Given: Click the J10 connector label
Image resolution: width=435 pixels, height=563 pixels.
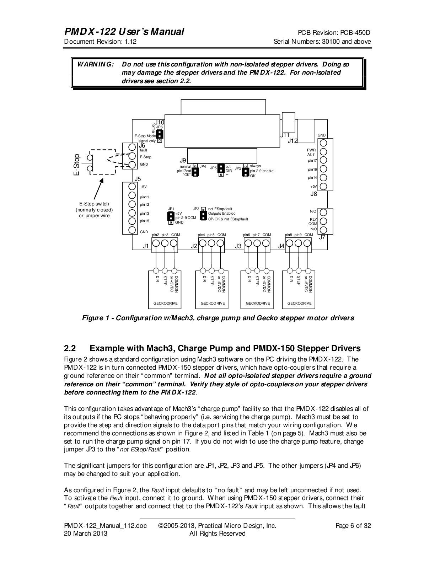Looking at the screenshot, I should [159, 122].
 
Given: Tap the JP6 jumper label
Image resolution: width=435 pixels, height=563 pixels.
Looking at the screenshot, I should [160, 127].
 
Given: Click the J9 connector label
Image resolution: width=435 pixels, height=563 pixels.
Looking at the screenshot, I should [183, 160].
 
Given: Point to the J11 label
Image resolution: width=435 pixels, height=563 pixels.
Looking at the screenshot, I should [285, 135].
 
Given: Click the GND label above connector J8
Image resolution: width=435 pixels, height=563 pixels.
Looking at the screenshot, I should [321, 135].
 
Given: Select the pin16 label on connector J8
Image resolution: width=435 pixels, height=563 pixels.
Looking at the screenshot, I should [312, 170].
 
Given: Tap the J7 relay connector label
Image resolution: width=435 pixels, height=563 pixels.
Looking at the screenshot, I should [322, 237].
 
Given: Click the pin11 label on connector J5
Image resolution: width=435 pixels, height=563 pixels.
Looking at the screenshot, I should [144, 197].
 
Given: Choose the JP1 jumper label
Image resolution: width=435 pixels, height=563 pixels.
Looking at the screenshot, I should [171, 209].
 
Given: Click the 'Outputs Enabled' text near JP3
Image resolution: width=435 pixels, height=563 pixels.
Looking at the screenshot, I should [222, 214].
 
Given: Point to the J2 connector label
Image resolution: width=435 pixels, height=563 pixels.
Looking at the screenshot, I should [194, 246].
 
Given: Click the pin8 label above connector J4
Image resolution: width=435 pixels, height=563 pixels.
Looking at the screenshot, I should [289, 235].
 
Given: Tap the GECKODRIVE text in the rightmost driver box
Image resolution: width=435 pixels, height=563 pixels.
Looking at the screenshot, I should [299, 303].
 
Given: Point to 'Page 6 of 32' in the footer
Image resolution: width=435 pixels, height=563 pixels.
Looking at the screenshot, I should [353, 526].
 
